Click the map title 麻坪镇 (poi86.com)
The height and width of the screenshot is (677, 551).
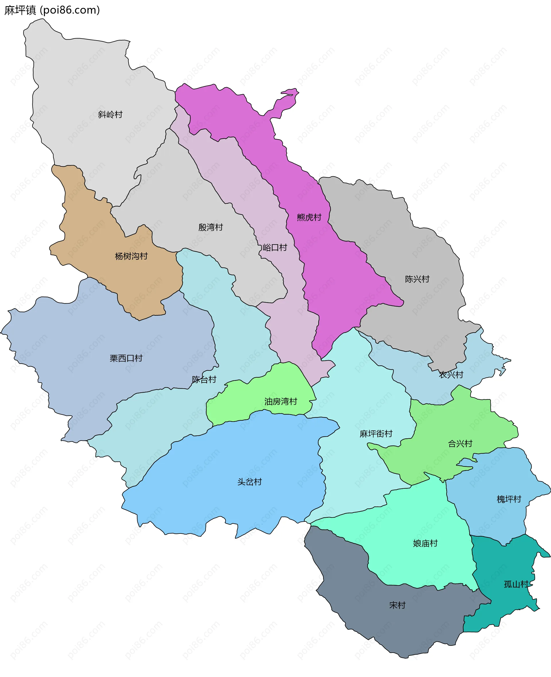[52, 10]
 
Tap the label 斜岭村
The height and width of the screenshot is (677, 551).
[110, 115]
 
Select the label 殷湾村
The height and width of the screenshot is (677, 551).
[210, 227]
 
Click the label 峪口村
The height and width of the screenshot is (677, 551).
[275, 248]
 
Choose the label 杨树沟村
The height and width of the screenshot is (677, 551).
[131, 256]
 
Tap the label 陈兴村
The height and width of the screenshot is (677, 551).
[417, 279]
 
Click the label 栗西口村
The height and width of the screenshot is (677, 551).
[126, 358]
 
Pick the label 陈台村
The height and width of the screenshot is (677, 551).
[204, 380]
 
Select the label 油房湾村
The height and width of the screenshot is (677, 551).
[281, 401]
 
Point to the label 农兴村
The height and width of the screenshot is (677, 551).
[451, 375]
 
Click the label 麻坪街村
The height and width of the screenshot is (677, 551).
[376, 434]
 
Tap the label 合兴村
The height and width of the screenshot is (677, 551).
[460, 443]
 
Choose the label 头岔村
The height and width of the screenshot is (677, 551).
[249, 482]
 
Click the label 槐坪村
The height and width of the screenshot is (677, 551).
[509, 499]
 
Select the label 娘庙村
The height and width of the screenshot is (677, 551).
[425, 543]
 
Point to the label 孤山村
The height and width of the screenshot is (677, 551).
[516, 584]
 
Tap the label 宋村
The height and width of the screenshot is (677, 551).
[397, 605]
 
